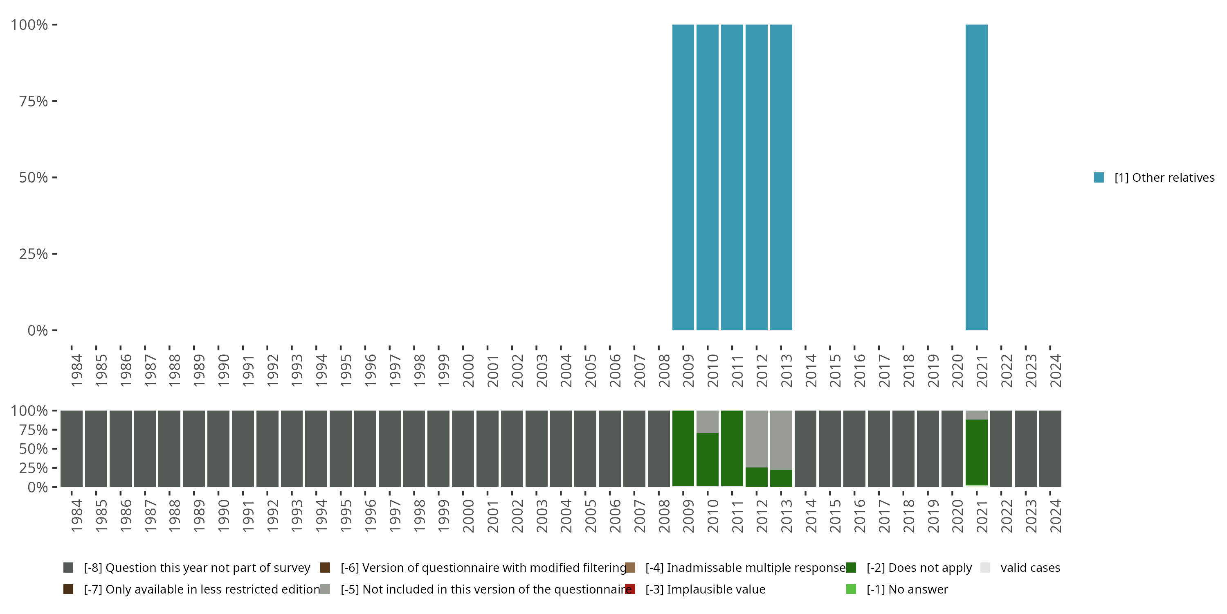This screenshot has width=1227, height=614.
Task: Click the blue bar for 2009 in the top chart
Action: point(683,177)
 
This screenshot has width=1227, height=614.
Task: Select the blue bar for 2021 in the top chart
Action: point(976,177)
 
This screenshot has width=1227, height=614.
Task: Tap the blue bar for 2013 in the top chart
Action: point(781,177)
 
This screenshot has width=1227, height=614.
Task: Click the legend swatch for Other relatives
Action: point(1099,177)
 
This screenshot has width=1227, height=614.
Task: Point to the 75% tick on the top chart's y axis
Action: point(54,101)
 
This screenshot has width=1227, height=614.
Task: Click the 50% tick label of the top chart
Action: point(34,177)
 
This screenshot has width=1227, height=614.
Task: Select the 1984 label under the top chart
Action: point(76,370)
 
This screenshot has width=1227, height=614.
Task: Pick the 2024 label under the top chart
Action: point(1056,370)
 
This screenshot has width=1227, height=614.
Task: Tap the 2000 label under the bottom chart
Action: point(468,516)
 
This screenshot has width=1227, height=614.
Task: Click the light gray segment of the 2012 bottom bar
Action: point(756,438)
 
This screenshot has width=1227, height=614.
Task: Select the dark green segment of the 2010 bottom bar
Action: point(707,459)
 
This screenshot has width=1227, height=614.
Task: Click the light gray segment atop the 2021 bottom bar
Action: point(976,415)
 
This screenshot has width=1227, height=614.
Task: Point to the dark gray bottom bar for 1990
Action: point(218,449)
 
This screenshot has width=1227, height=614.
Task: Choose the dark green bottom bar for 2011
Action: point(732,448)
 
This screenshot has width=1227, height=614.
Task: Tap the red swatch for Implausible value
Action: point(630,589)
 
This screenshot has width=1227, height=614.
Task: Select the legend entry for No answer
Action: point(907,589)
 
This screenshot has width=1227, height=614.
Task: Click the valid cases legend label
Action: point(1030,568)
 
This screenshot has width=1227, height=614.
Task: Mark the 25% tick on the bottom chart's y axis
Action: point(54,467)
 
